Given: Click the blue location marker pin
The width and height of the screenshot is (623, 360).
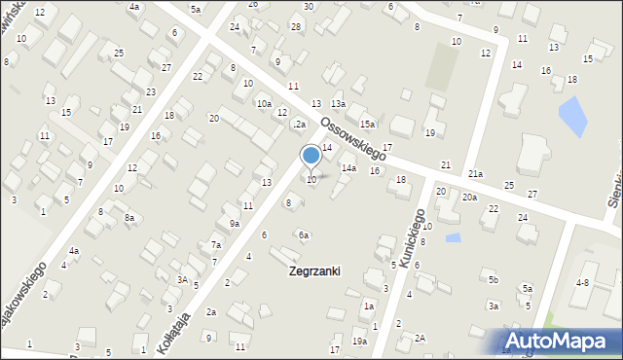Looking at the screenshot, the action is pos(311,157).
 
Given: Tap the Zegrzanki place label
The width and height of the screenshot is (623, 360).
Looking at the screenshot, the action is pos(314,271).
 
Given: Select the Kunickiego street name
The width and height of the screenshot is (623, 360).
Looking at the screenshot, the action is pos(410,233).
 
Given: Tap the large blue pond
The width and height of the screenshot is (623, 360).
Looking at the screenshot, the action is pos(572,116).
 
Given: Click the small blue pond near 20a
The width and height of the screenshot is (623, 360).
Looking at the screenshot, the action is pos(453,237).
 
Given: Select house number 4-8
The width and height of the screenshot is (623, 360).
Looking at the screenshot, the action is pos(582,282).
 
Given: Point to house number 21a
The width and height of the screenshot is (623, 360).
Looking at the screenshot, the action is pos(475,174).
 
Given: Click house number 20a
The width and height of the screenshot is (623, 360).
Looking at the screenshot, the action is pos(469,198).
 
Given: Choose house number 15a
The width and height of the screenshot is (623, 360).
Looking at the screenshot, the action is pos(367,125).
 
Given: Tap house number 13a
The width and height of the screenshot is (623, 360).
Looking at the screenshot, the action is pos(338,104).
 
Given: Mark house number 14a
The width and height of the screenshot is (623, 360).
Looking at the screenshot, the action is pos(348,168).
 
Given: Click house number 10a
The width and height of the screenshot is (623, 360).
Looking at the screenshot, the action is pos(264,104).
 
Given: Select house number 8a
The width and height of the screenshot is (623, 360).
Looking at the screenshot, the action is pos(128,218).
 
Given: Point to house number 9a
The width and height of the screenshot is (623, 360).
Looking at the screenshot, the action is pos(235,224).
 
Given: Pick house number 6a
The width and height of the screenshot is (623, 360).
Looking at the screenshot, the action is pos(304,235).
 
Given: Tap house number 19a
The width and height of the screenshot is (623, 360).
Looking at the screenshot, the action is pos(359,342).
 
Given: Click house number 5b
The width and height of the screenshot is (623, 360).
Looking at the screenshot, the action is pos(494,280).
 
